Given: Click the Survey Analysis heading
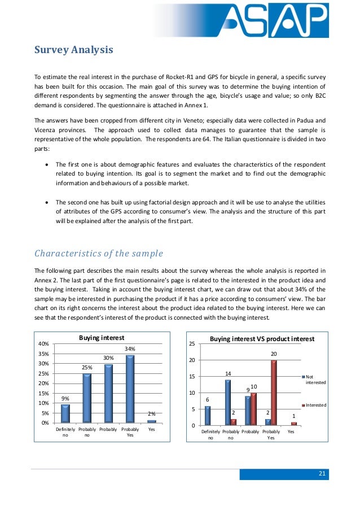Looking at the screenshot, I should [x=74, y=50].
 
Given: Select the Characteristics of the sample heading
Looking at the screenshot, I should [x=98, y=252].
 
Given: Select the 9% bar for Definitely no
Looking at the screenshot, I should [x=65, y=413].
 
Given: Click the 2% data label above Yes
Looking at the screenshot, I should [x=152, y=414].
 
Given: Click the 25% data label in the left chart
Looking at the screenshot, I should [x=87, y=368].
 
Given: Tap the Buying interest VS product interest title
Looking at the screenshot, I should [x=262, y=339].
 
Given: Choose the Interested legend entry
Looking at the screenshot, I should [x=318, y=406].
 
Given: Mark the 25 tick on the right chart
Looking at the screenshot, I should [x=191, y=344].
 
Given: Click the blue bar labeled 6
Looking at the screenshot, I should [x=208, y=415].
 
